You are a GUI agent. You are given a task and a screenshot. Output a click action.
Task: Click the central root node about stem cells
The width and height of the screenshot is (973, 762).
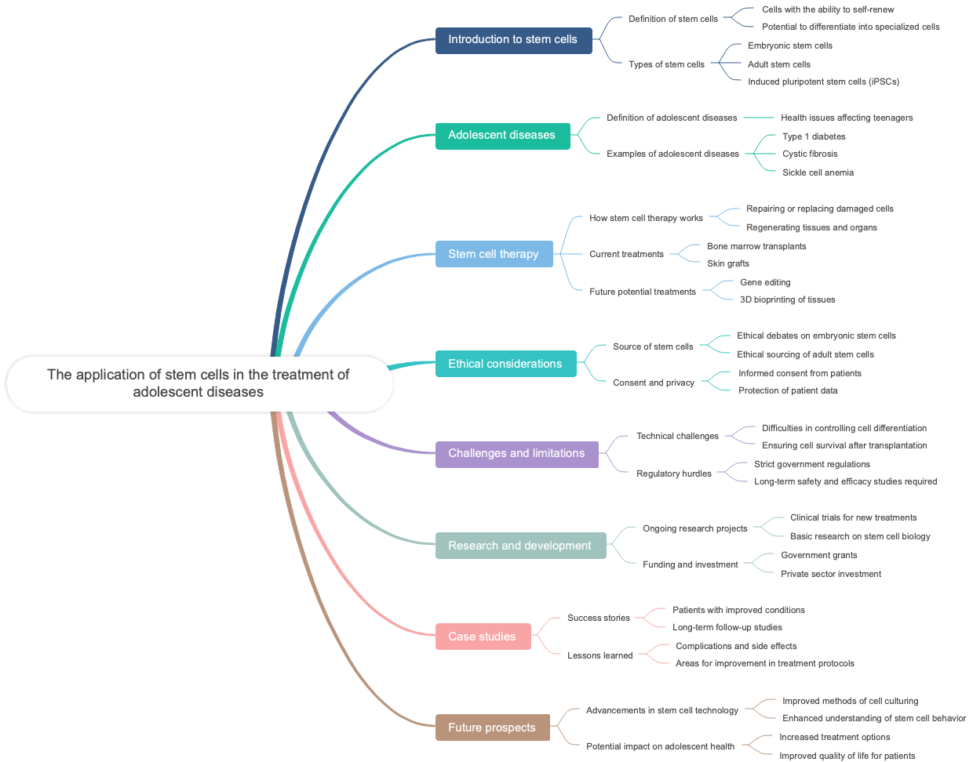click(x=199, y=383)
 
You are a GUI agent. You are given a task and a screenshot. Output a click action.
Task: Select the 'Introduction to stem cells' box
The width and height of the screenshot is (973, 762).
click(x=513, y=40)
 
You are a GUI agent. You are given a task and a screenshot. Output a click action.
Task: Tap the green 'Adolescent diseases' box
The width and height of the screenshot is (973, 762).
click(x=502, y=136)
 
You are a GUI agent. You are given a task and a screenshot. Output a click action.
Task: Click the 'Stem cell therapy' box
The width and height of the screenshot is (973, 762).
click(x=494, y=254)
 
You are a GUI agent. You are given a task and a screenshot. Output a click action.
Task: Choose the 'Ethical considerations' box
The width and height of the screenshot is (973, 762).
click(x=505, y=364)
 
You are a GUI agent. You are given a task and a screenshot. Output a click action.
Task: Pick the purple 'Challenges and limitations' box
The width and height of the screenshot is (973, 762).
click(x=516, y=454)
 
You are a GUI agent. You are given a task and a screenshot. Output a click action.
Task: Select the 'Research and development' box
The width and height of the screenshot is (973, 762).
click(x=520, y=546)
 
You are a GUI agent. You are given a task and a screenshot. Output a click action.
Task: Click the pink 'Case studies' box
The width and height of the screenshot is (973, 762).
click(x=483, y=637)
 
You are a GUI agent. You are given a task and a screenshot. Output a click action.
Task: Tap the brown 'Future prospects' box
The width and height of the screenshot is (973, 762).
click(x=492, y=728)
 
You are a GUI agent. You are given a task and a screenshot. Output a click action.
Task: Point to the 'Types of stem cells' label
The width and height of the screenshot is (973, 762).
click(x=666, y=64)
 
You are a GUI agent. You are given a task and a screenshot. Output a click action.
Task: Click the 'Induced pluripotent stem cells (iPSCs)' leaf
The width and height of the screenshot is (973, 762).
click(x=823, y=82)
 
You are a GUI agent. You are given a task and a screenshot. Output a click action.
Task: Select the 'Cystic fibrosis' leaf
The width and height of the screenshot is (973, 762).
click(x=810, y=154)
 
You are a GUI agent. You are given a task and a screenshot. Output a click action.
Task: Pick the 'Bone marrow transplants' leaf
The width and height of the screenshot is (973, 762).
click(x=756, y=246)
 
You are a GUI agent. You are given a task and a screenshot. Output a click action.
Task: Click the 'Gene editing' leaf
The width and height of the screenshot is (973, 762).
click(x=765, y=282)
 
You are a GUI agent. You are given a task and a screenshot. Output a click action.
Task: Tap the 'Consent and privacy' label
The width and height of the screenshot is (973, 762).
click(x=654, y=383)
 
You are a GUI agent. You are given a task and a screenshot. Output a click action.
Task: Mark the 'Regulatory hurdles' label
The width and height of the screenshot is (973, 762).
click(x=674, y=474)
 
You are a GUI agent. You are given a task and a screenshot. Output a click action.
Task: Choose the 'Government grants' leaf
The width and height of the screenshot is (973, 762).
click(x=818, y=555)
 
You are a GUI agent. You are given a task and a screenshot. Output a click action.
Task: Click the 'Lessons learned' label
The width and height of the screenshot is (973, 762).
click(x=599, y=655)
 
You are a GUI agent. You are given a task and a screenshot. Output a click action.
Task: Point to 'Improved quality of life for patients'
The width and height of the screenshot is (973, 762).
click(x=847, y=756)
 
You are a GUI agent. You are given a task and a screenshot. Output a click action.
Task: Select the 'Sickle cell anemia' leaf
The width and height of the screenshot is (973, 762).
click(x=818, y=172)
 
